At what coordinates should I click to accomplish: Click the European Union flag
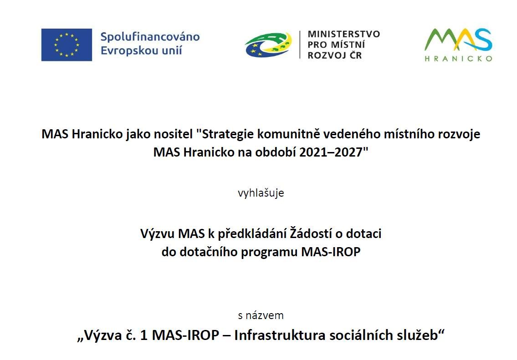point(67,45)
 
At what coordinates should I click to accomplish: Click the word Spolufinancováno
point(150,36)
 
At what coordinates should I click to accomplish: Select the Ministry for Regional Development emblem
point(268,45)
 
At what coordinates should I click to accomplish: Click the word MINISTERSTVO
point(343,34)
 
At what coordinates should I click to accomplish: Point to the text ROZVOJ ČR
point(335,56)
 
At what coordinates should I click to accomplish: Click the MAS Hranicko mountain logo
point(458,40)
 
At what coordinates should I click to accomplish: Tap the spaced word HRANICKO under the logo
point(458,59)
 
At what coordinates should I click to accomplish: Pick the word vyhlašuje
point(261,193)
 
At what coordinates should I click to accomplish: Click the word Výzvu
point(158,233)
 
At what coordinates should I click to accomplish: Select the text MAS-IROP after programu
point(331,252)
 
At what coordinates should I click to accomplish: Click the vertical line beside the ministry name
point(300,45)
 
